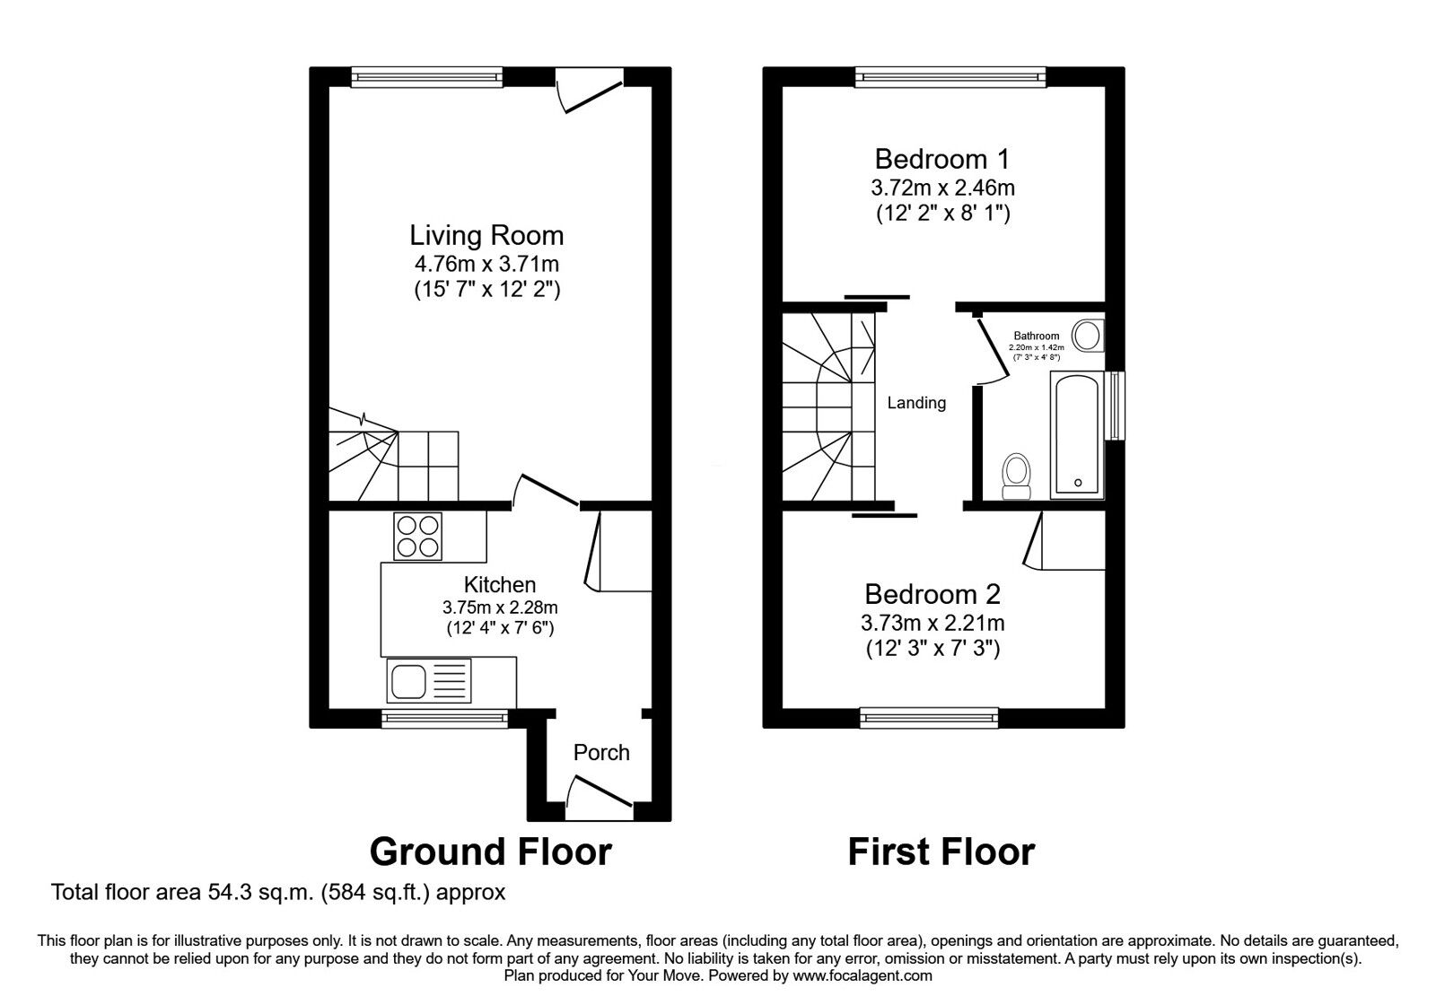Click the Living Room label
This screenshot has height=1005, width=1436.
click(x=486, y=236)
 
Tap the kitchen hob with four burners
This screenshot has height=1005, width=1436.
click(x=417, y=536)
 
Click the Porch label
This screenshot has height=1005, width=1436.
click(x=601, y=752)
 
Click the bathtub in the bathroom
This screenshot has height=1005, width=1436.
click(x=1077, y=434)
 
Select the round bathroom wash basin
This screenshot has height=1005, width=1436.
click(x=1088, y=336)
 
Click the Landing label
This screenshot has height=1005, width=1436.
click(x=916, y=403)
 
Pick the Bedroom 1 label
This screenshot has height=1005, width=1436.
click(x=941, y=160)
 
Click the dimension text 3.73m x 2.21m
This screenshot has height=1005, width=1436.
click(x=932, y=623)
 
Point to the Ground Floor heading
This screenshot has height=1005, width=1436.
click(x=490, y=851)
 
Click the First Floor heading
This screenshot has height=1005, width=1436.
click(x=941, y=851)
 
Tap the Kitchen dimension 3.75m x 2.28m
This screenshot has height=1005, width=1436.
click(x=500, y=607)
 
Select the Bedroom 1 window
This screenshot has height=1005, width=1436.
click(x=950, y=77)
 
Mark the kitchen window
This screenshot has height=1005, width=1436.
click(x=443, y=716)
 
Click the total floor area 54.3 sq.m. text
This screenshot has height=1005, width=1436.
click(x=278, y=893)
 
